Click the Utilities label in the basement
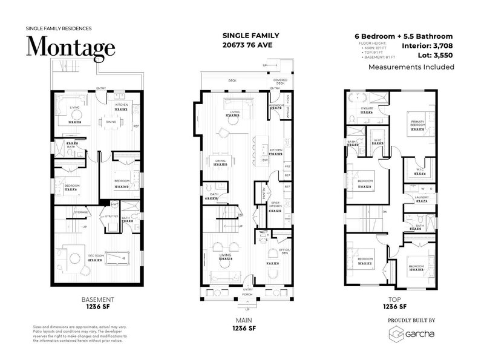tap(111, 215)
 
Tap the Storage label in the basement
tap(81, 212)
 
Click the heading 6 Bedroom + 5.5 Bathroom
tap(404, 36)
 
